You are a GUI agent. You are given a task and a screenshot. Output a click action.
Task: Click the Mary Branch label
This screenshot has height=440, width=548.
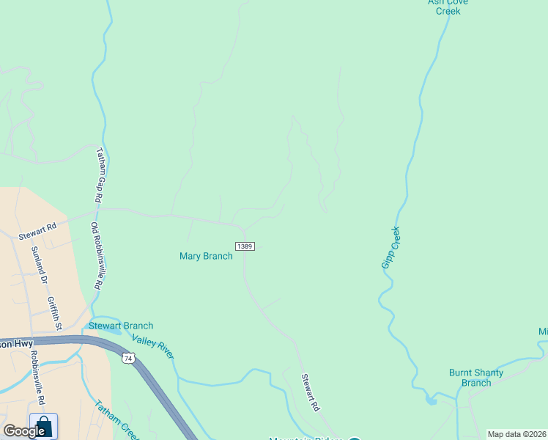coord(206,256)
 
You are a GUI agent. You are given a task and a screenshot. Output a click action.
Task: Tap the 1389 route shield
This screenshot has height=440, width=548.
coord(245,246)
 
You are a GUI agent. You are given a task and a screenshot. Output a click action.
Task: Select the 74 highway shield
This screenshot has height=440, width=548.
coord(129,358)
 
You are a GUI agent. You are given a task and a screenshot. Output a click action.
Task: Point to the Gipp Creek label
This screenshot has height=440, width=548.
coord(391,247)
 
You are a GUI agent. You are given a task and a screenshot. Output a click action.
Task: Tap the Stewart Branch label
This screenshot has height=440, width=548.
coord(121,326)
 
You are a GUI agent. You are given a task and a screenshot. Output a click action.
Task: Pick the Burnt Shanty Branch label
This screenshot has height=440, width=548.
coord(476,378)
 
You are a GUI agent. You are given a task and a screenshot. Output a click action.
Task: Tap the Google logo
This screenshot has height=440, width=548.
coord(24,431)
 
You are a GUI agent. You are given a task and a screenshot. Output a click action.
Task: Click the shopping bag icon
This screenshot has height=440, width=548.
coord(43,427)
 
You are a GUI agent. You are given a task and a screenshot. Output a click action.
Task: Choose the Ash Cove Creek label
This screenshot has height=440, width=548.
coord(448,7)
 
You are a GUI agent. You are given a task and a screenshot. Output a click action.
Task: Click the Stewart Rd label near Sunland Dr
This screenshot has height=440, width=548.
coord(37,232)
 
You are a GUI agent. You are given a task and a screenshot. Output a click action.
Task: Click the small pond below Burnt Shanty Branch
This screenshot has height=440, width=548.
coord(431,400)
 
